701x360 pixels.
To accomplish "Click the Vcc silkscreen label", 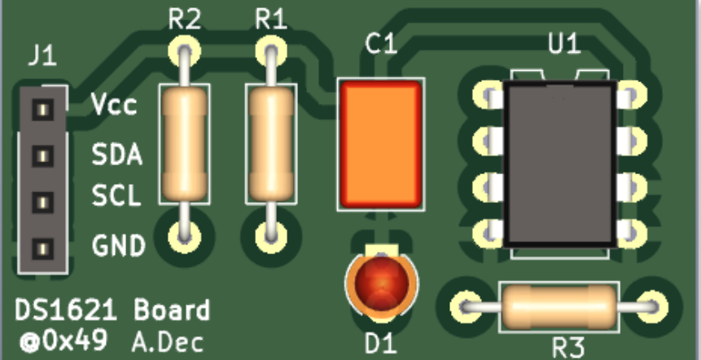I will pyautogui.click(x=114, y=106).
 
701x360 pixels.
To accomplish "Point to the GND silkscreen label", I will pyautogui.click(x=119, y=244).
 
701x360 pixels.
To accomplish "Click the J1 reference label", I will pyautogui.click(x=42, y=56).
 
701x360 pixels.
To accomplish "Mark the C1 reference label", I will pyautogui.click(x=381, y=45).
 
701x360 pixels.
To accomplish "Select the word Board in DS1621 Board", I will pyautogui.click(x=172, y=310).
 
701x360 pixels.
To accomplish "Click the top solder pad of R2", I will pyautogui.click(x=185, y=51).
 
